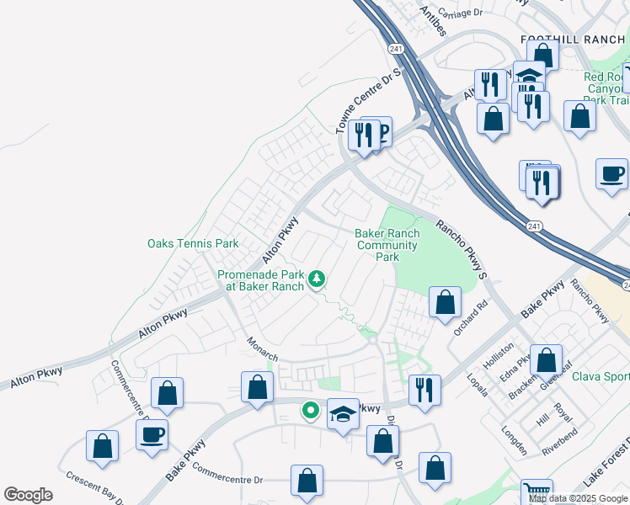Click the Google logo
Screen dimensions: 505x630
(x=28, y=495)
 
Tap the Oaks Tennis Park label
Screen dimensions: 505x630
(x=193, y=244)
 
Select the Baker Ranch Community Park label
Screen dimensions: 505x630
(x=387, y=245)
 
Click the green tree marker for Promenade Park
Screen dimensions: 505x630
(x=317, y=278)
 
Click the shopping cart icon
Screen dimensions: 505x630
(x=536, y=492)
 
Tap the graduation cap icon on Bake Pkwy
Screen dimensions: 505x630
(x=342, y=414)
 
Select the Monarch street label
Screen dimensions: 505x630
(x=262, y=350)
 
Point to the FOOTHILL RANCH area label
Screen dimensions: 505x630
(x=574, y=40)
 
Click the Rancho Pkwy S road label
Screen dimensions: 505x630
(x=462, y=249)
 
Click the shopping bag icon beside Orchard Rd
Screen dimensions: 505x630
(x=445, y=302)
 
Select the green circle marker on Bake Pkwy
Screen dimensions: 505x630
(x=310, y=411)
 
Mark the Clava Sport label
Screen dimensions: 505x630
(x=601, y=376)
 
